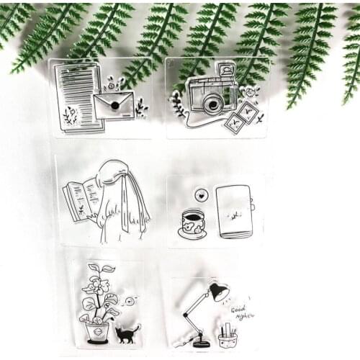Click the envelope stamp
point(113,105)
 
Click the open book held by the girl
point(81,198)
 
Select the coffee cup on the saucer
point(192,220)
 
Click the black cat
point(127,333)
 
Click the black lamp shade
point(218,292)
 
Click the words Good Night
point(244,311)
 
